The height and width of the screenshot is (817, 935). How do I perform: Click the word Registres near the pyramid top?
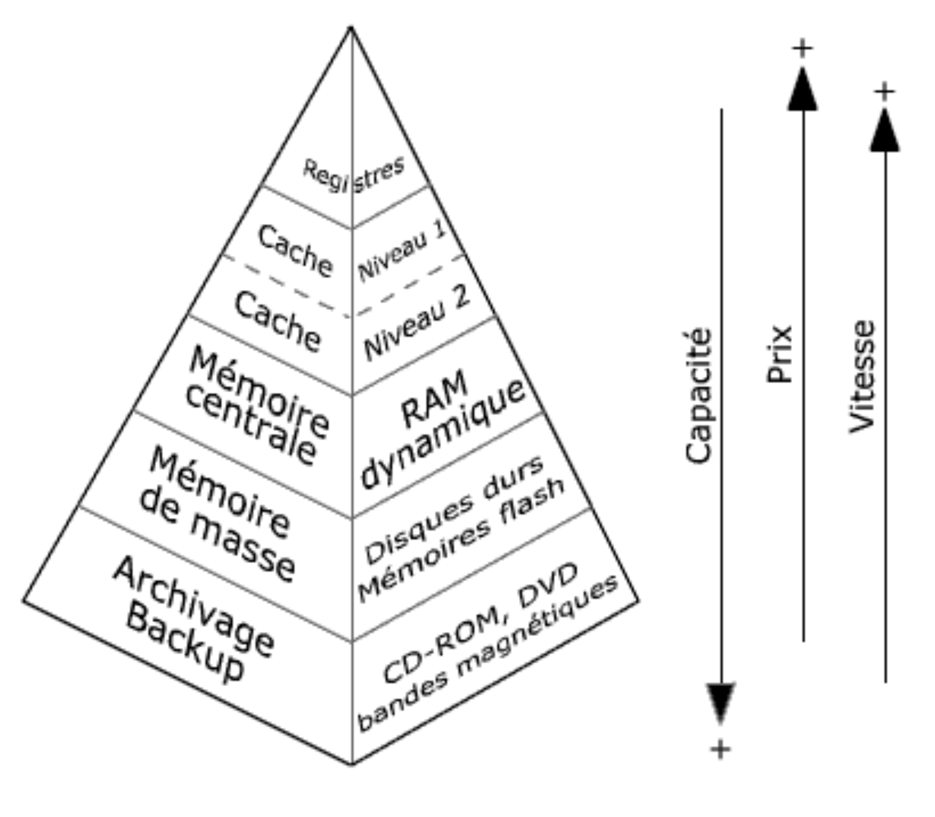353,175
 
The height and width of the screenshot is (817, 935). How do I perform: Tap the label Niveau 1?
402,252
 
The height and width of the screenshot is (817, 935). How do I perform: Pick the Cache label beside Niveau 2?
277,321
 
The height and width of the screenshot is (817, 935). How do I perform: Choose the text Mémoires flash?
461,540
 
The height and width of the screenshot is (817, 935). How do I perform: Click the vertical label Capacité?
699,396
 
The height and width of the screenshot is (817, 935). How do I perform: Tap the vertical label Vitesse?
862,376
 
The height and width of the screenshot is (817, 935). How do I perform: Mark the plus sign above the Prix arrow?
802,49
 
